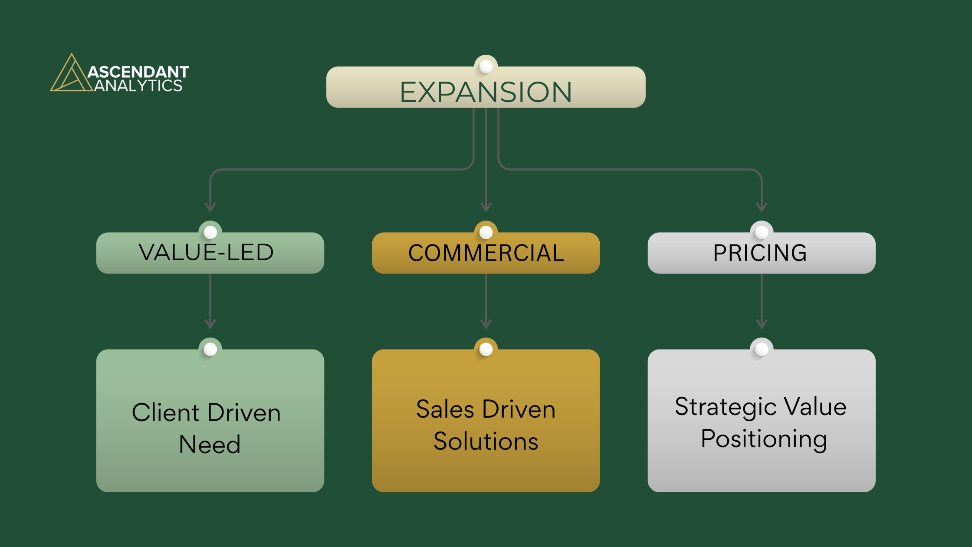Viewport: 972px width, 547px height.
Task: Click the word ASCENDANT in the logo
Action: click(x=138, y=72)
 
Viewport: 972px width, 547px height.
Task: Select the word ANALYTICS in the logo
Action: click(x=138, y=86)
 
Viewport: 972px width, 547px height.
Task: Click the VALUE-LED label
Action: click(x=206, y=252)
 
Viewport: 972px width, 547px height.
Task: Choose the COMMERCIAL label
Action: click(x=486, y=253)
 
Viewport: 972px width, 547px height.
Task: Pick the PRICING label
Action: click(x=760, y=253)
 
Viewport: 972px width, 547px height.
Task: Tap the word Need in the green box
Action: click(x=210, y=445)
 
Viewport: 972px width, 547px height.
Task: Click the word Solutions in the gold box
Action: click(x=486, y=442)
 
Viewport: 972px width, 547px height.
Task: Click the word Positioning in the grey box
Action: click(x=764, y=439)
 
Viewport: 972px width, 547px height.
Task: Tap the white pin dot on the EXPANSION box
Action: click(x=486, y=66)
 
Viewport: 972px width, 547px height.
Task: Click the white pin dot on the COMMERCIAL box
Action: click(x=486, y=232)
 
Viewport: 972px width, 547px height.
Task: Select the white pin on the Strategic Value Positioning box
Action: click(x=762, y=349)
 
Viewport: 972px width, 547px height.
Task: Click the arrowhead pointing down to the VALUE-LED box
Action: click(x=210, y=207)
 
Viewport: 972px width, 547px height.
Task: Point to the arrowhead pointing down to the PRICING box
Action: click(x=762, y=207)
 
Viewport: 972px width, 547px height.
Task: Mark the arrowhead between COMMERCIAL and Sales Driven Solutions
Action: click(x=486, y=324)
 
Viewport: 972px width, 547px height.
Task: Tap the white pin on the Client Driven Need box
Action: click(x=210, y=349)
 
